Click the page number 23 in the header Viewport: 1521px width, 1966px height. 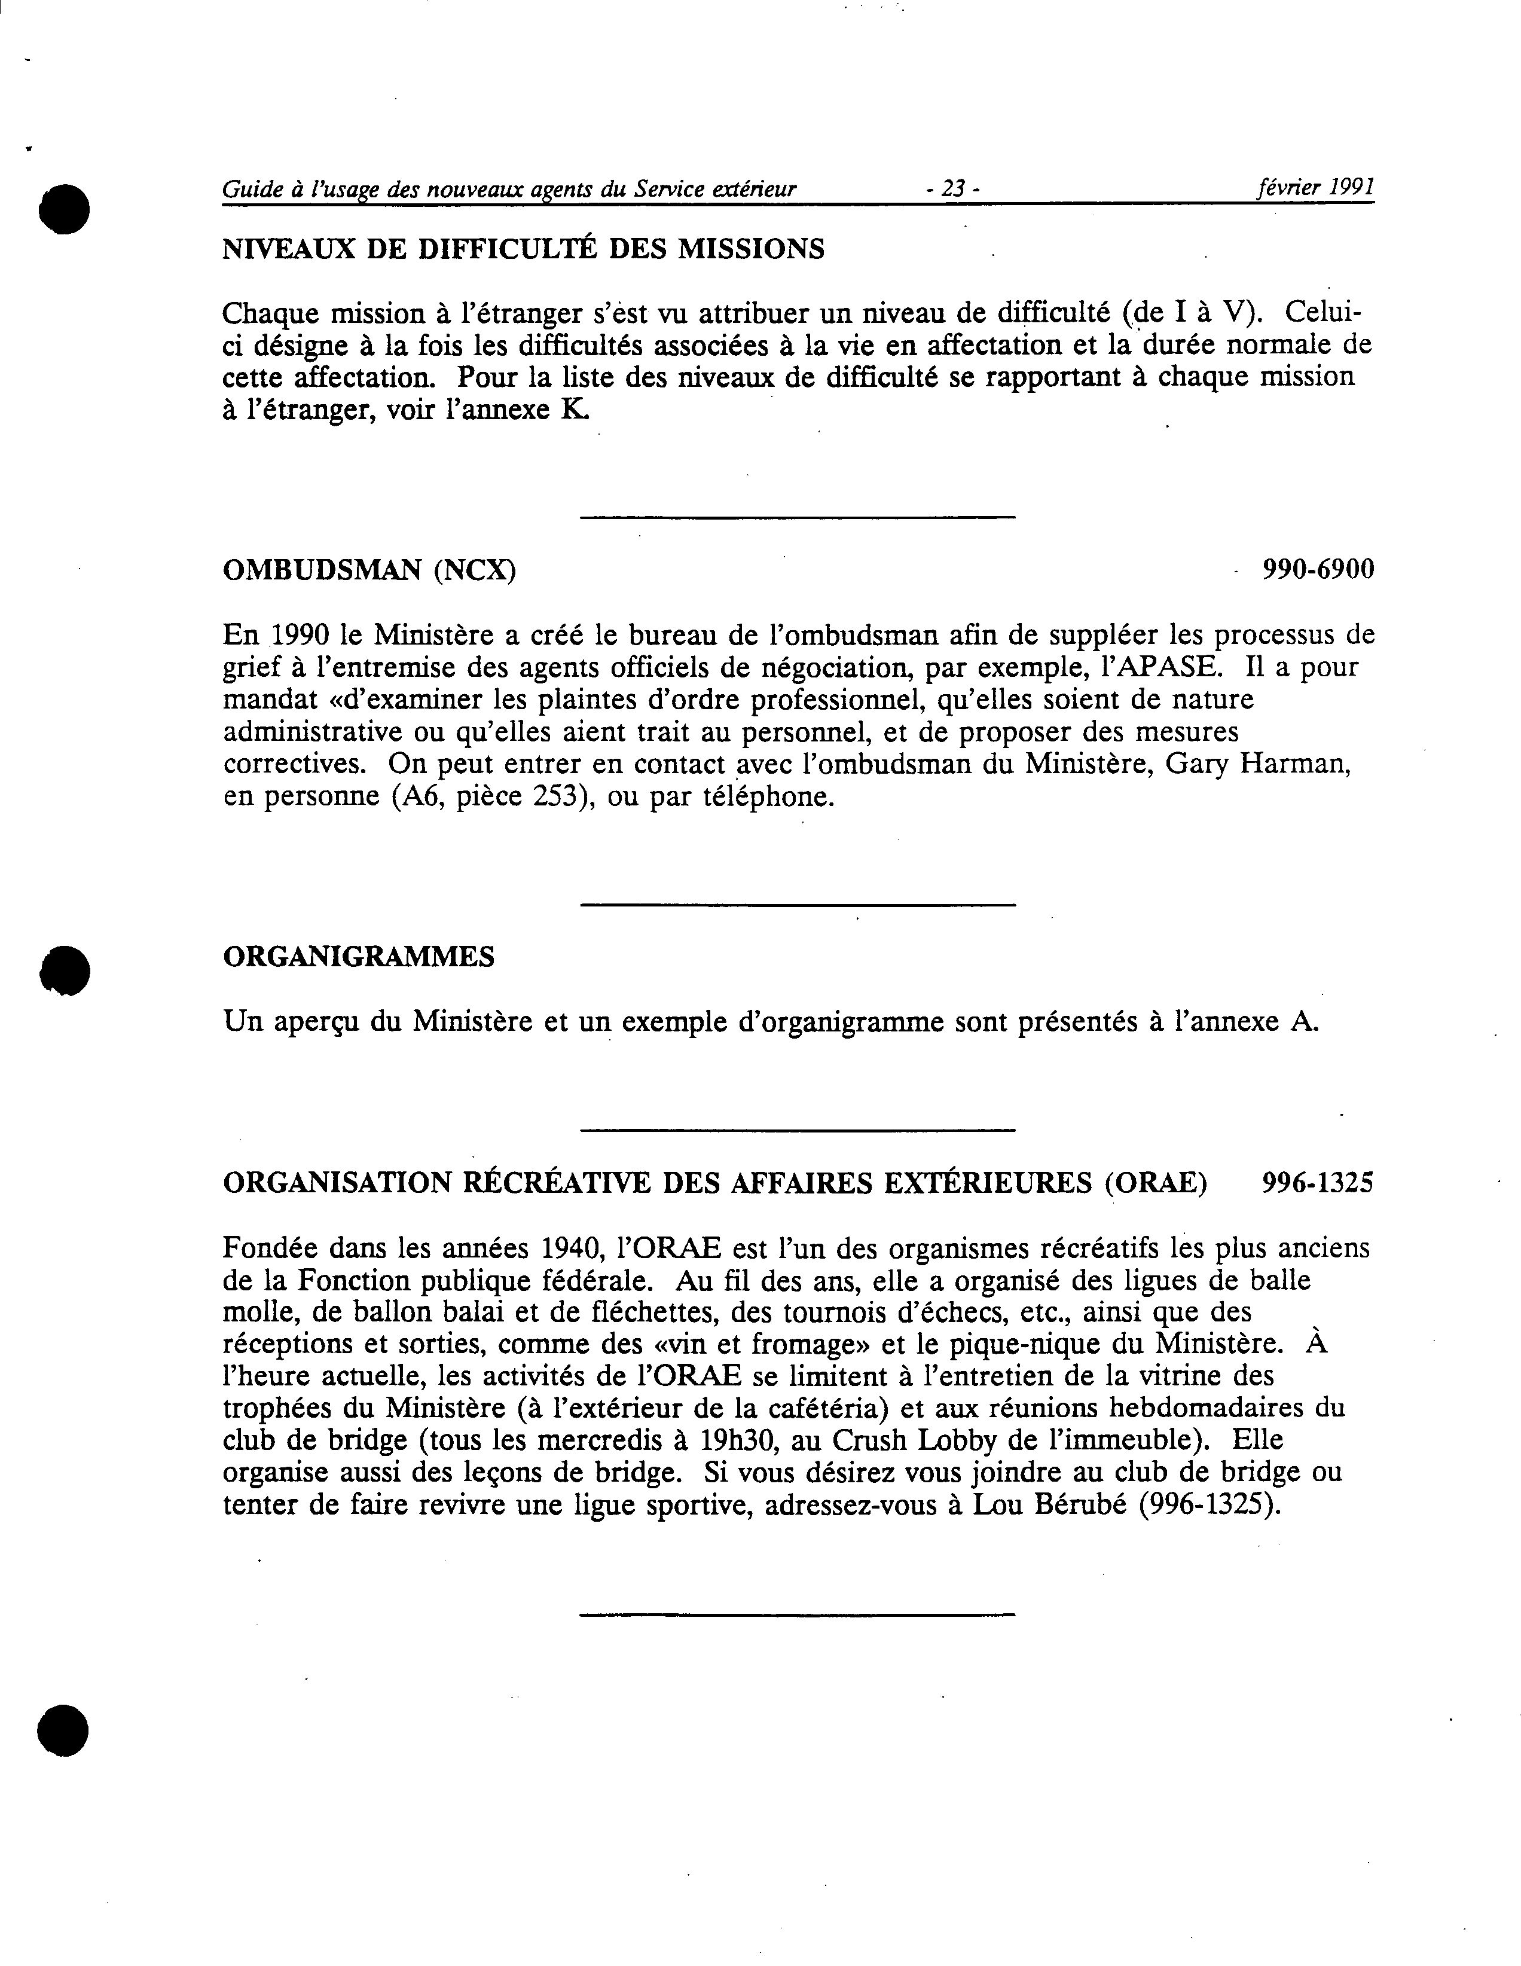point(952,189)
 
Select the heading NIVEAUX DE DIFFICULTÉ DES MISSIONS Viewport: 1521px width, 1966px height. point(523,249)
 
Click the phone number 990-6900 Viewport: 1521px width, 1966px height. point(1318,569)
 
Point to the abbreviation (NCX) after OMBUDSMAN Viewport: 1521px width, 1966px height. point(474,570)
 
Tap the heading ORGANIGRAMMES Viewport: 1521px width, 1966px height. point(358,956)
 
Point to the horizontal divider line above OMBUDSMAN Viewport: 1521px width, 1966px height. point(798,517)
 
